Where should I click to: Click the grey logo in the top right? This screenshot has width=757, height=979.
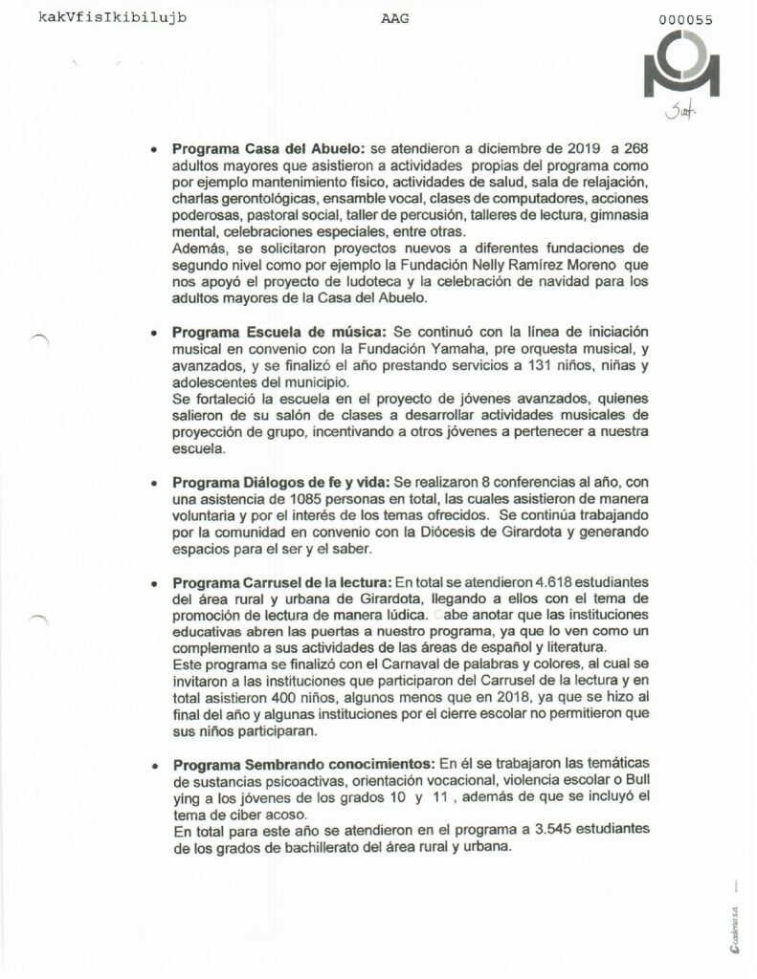(x=687, y=66)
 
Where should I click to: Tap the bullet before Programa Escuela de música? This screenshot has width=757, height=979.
(x=155, y=333)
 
